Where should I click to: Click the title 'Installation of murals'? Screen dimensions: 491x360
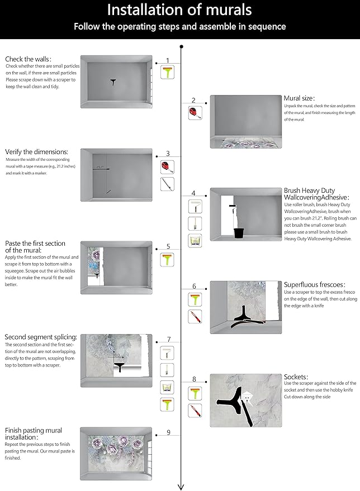pos(179,9)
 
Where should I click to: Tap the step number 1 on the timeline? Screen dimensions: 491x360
pos(167,60)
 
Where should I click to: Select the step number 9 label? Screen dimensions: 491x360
pos(168,432)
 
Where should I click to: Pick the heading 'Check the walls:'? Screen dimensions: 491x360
pos(29,59)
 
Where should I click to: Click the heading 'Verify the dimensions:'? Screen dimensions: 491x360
pos(37,152)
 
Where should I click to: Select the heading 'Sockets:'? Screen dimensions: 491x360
pos(296,377)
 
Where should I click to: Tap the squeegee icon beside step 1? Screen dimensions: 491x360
pos(167,72)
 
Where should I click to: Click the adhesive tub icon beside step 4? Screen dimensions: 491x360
pos(195,241)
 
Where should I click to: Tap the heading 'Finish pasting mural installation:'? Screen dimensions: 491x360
pos(34,434)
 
